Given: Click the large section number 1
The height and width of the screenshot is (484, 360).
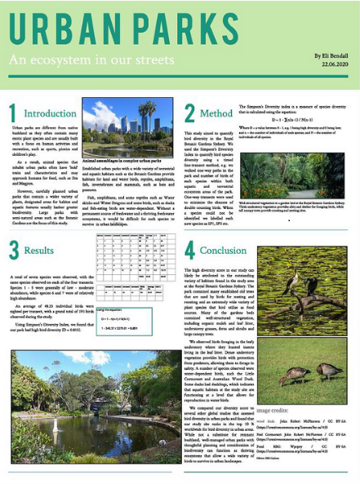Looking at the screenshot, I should pyautogui.click(x=12, y=113).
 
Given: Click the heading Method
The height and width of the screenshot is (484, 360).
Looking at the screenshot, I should pyautogui.click(x=216, y=113).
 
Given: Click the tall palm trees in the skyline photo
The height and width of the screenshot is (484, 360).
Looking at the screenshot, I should pyautogui.click(x=147, y=114).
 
